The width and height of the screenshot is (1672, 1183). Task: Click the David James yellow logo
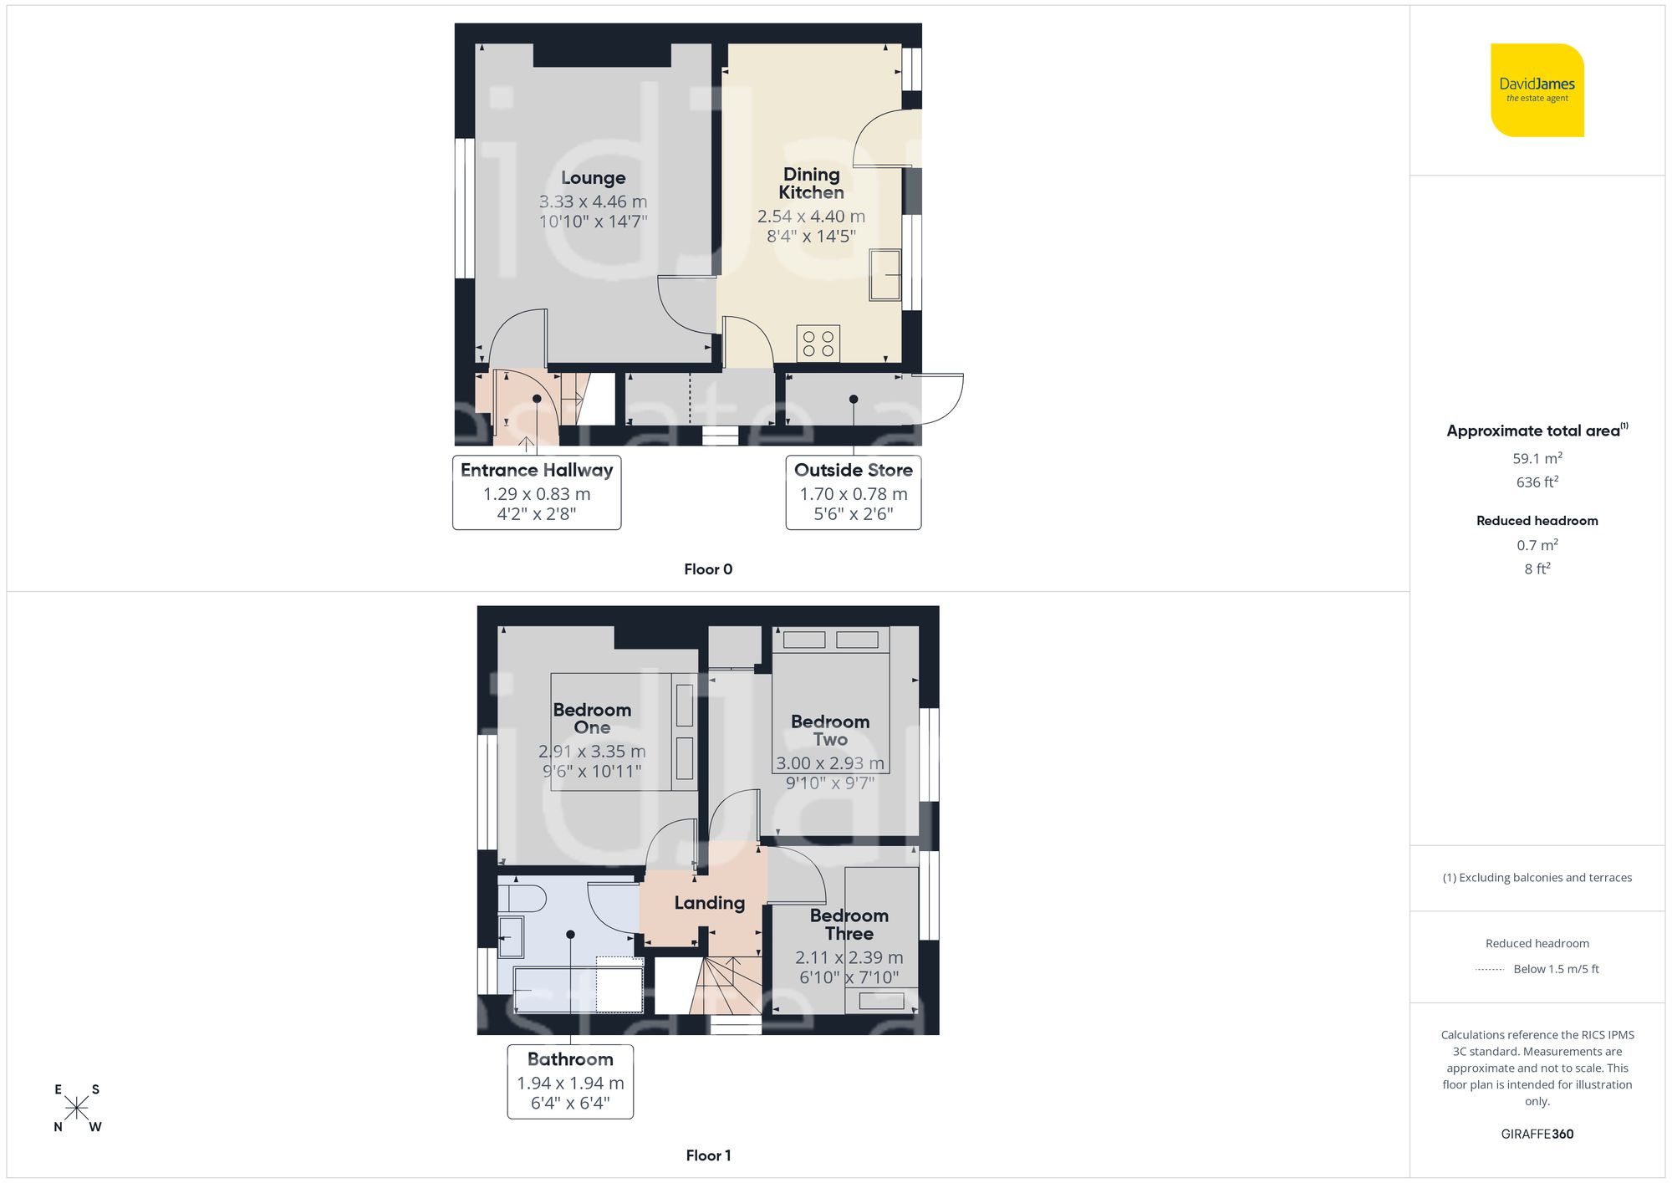pyautogui.click(x=1537, y=90)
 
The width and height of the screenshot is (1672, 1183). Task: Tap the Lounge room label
pyautogui.click(x=593, y=178)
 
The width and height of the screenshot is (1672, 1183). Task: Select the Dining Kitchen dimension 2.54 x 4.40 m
pyautogui.click(x=811, y=217)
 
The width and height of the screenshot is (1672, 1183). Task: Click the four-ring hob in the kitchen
pyautogui.click(x=818, y=344)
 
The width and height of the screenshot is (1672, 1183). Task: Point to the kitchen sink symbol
pyautogui.click(x=884, y=274)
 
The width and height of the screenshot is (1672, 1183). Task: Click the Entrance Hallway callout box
pyautogui.click(x=537, y=492)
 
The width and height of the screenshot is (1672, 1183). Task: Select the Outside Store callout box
pyautogui.click(x=853, y=492)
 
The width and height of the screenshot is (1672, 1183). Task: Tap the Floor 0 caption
pyautogui.click(x=707, y=569)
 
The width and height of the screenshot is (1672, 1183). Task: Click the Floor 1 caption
pyautogui.click(x=707, y=1155)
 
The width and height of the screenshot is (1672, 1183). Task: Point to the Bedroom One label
pyautogui.click(x=592, y=718)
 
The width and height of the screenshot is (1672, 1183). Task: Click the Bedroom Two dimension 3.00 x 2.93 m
pyautogui.click(x=829, y=763)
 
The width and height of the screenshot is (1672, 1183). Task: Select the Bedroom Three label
pyautogui.click(x=849, y=925)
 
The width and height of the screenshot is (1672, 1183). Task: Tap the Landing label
pyautogui.click(x=709, y=903)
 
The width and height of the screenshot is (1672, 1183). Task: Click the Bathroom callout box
pyautogui.click(x=570, y=1081)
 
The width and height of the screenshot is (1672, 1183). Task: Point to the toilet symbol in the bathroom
pyautogui.click(x=522, y=899)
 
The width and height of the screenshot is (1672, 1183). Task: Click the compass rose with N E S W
pyautogui.click(x=76, y=1109)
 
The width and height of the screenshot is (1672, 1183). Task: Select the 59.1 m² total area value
pyautogui.click(x=1537, y=458)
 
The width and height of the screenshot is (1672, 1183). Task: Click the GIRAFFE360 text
pyautogui.click(x=1537, y=1135)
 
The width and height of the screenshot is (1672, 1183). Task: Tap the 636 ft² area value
pyautogui.click(x=1537, y=482)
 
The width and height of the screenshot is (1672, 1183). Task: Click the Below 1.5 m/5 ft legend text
pyautogui.click(x=1555, y=969)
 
